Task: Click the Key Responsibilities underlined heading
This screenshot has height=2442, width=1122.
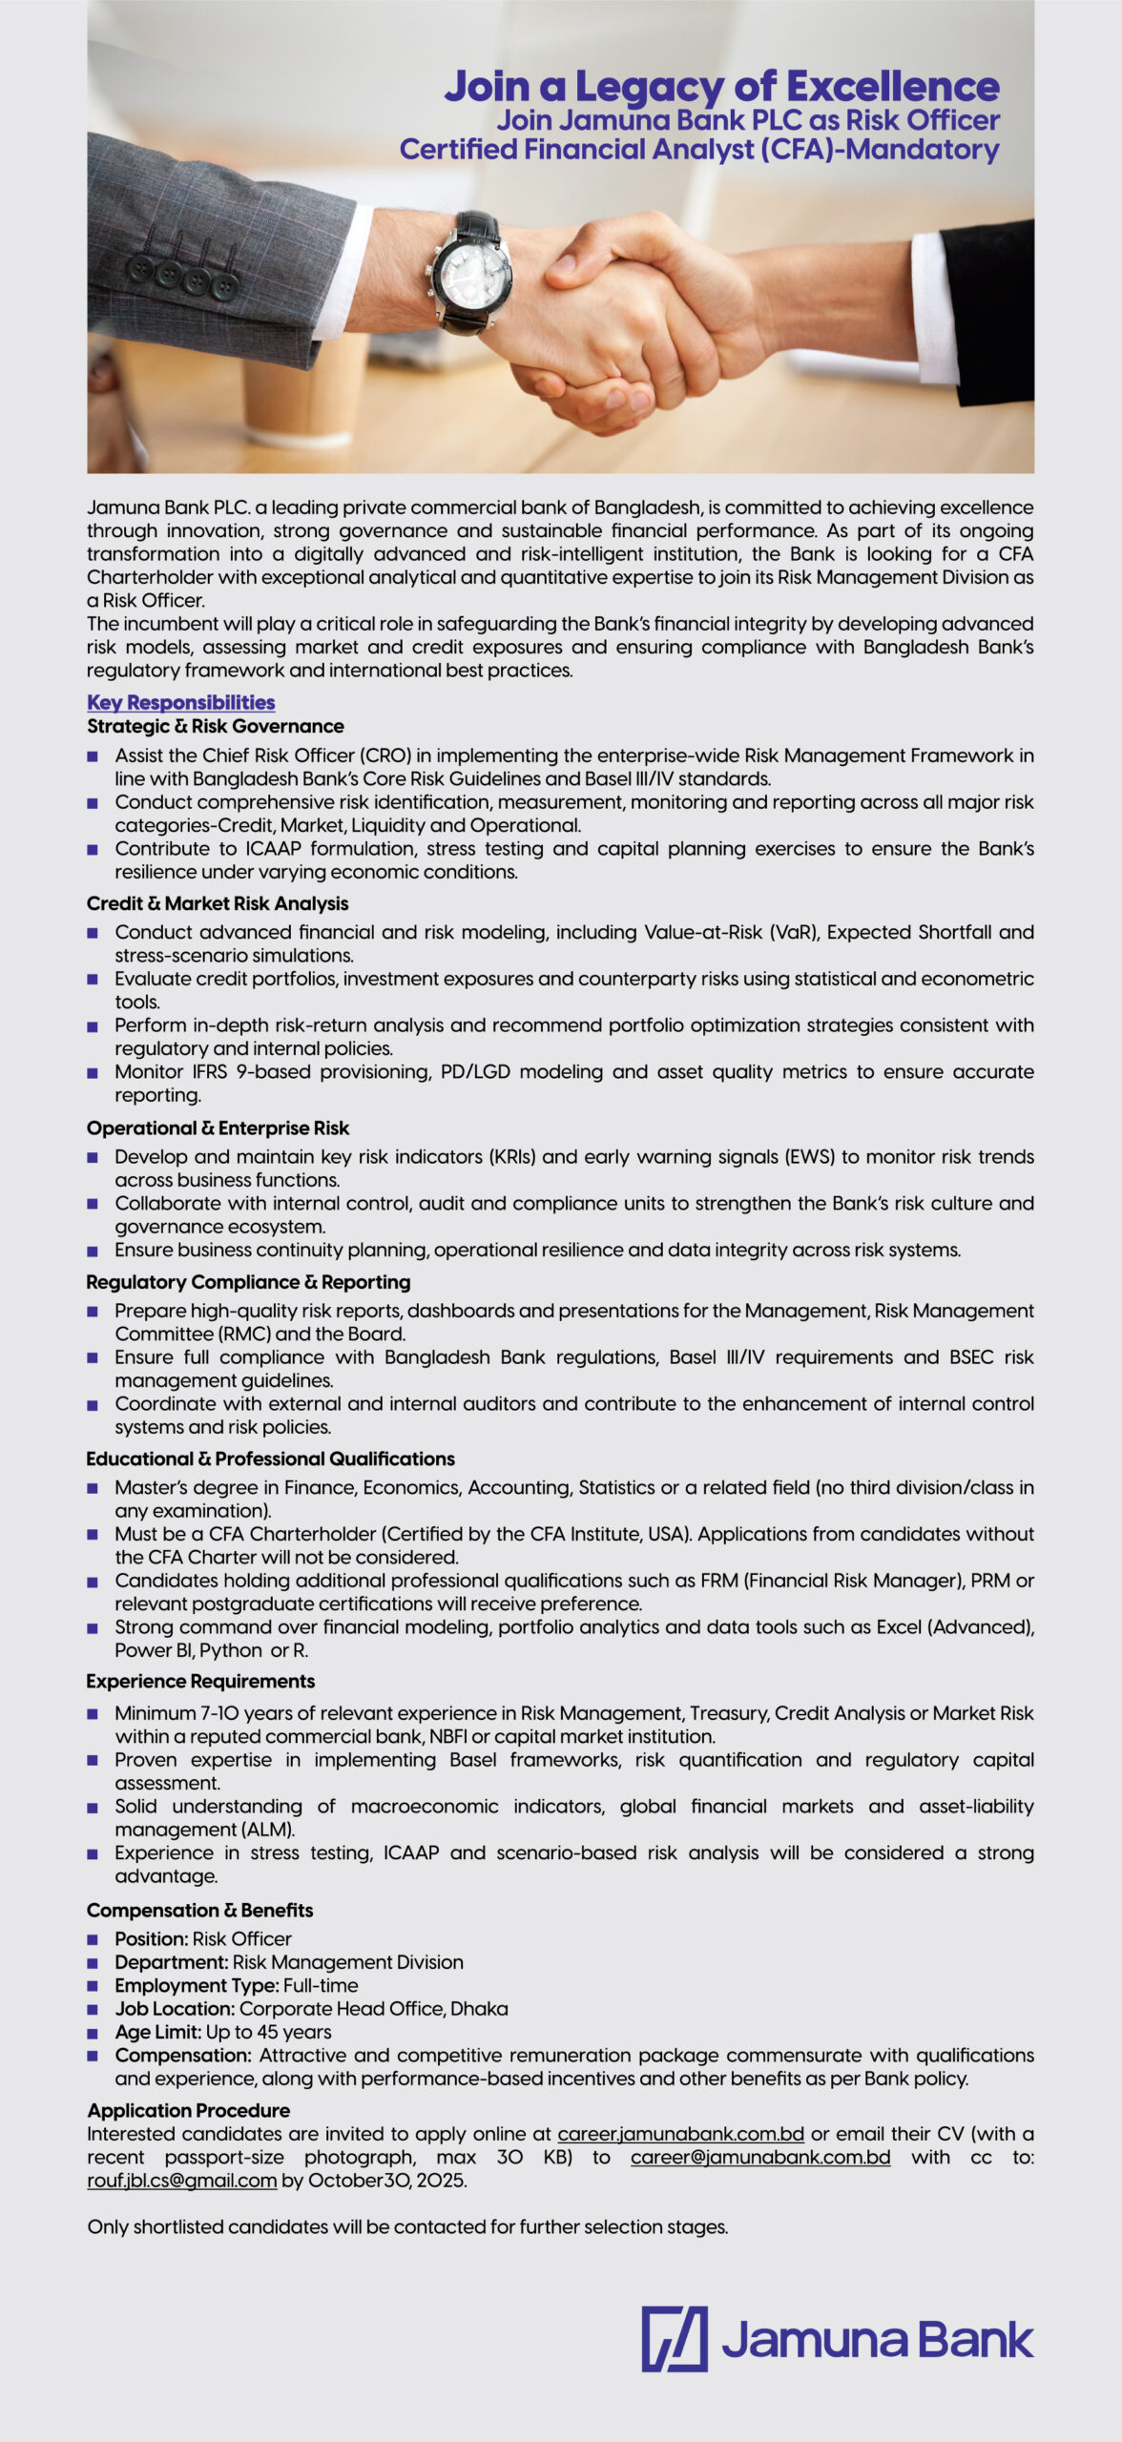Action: click(x=180, y=703)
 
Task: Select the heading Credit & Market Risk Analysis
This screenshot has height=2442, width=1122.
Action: click(x=218, y=903)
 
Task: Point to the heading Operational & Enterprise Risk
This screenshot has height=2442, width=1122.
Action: click(x=218, y=1128)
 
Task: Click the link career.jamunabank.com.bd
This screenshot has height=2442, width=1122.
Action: click(x=680, y=2134)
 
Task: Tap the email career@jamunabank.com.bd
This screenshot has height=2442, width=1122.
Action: click(x=759, y=2158)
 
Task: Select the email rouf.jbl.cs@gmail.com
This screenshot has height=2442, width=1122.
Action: click(x=181, y=2181)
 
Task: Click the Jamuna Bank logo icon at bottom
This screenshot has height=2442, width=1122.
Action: click(x=674, y=2339)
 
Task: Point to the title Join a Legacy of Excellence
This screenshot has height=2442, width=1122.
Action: click(x=721, y=86)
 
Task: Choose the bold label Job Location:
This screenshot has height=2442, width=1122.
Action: click(x=175, y=2009)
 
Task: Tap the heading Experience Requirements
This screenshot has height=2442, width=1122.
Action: click(x=200, y=1682)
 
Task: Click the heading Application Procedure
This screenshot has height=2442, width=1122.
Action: click(x=188, y=2110)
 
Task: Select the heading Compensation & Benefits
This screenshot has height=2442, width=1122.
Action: click(x=199, y=1911)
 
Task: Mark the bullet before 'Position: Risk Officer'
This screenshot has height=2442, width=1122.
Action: click(x=93, y=1939)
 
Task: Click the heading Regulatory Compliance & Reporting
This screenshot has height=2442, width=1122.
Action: click(x=248, y=1282)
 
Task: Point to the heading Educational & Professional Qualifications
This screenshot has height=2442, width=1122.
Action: click(x=270, y=1459)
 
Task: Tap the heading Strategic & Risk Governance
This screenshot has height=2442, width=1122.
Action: click(x=215, y=726)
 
